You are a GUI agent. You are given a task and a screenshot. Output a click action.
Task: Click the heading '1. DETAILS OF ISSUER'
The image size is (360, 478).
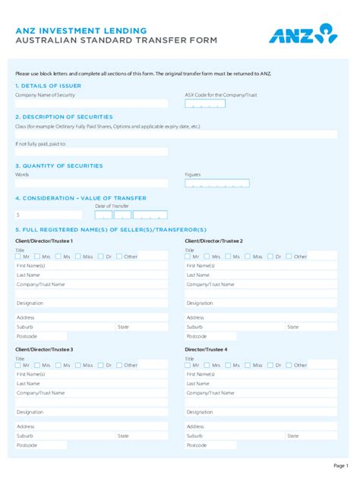[x=48, y=86]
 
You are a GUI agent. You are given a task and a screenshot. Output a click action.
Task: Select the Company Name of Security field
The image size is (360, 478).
[x=91, y=103]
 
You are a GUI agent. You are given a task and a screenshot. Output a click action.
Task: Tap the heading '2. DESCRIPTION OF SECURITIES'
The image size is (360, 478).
[x=64, y=117]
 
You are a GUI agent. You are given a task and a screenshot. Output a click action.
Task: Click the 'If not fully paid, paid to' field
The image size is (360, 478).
[x=91, y=152]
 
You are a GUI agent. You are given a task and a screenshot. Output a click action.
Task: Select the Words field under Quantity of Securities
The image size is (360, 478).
[x=91, y=183]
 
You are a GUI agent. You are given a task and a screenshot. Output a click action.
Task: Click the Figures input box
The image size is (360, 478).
[x=217, y=183]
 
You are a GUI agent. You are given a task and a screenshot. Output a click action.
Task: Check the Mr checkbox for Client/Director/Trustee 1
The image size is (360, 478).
[x=18, y=256]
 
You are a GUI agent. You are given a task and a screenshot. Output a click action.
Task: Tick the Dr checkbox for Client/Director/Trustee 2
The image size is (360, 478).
[x=271, y=256]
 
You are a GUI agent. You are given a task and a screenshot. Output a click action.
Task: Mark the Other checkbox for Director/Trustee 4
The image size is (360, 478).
[x=289, y=365]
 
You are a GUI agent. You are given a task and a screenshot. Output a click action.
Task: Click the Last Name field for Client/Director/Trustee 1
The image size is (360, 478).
[x=91, y=275]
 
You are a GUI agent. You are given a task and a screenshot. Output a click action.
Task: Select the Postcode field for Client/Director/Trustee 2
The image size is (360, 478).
[x=261, y=335]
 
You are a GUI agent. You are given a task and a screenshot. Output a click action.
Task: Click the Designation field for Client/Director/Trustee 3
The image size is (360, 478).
[x=91, y=412]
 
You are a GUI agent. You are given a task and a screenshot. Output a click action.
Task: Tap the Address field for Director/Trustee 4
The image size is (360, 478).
[x=261, y=426]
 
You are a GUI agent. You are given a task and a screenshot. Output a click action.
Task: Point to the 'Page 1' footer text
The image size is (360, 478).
[x=340, y=465]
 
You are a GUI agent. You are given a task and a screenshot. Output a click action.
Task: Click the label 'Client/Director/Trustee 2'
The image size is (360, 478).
[x=213, y=241]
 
